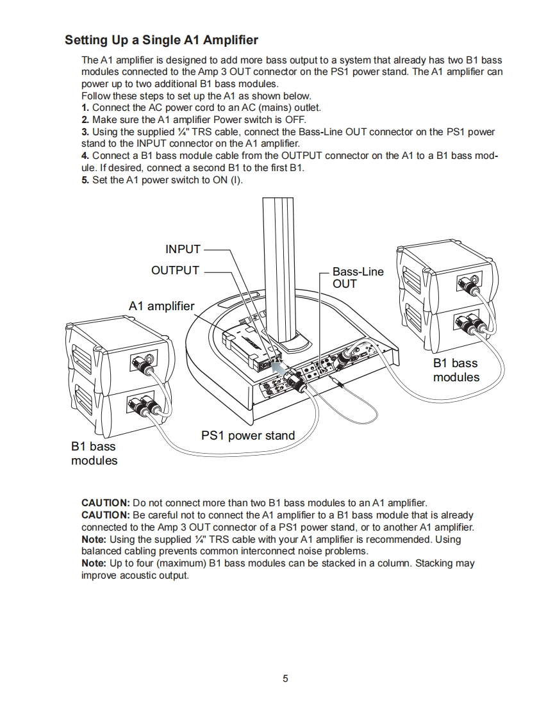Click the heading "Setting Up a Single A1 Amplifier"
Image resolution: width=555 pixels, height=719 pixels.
coord(161,40)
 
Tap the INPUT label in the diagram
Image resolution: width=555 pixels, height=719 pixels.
coord(183,249)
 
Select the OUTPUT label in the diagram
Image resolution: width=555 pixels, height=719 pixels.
coord(175,270)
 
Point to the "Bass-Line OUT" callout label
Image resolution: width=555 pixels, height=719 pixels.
coord(358,277)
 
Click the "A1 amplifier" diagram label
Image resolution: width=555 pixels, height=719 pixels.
coord(161,306)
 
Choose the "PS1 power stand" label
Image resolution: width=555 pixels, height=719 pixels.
coord(248,436)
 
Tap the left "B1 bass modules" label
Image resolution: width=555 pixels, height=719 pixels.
coord(94,453)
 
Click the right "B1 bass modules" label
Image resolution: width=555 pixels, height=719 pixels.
coord(456,370)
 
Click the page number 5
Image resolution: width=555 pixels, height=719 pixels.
coord(285,679)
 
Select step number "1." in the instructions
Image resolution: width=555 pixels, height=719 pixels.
coord(85,108)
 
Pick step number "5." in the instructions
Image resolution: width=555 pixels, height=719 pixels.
coord(85,180)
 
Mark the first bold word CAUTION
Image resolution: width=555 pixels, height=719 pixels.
coord(105,503)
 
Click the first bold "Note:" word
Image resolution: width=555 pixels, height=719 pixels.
coord(94,540)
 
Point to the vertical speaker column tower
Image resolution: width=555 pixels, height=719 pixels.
coord(281,269)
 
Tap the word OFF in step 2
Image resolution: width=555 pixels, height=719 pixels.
coord(296,120)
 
